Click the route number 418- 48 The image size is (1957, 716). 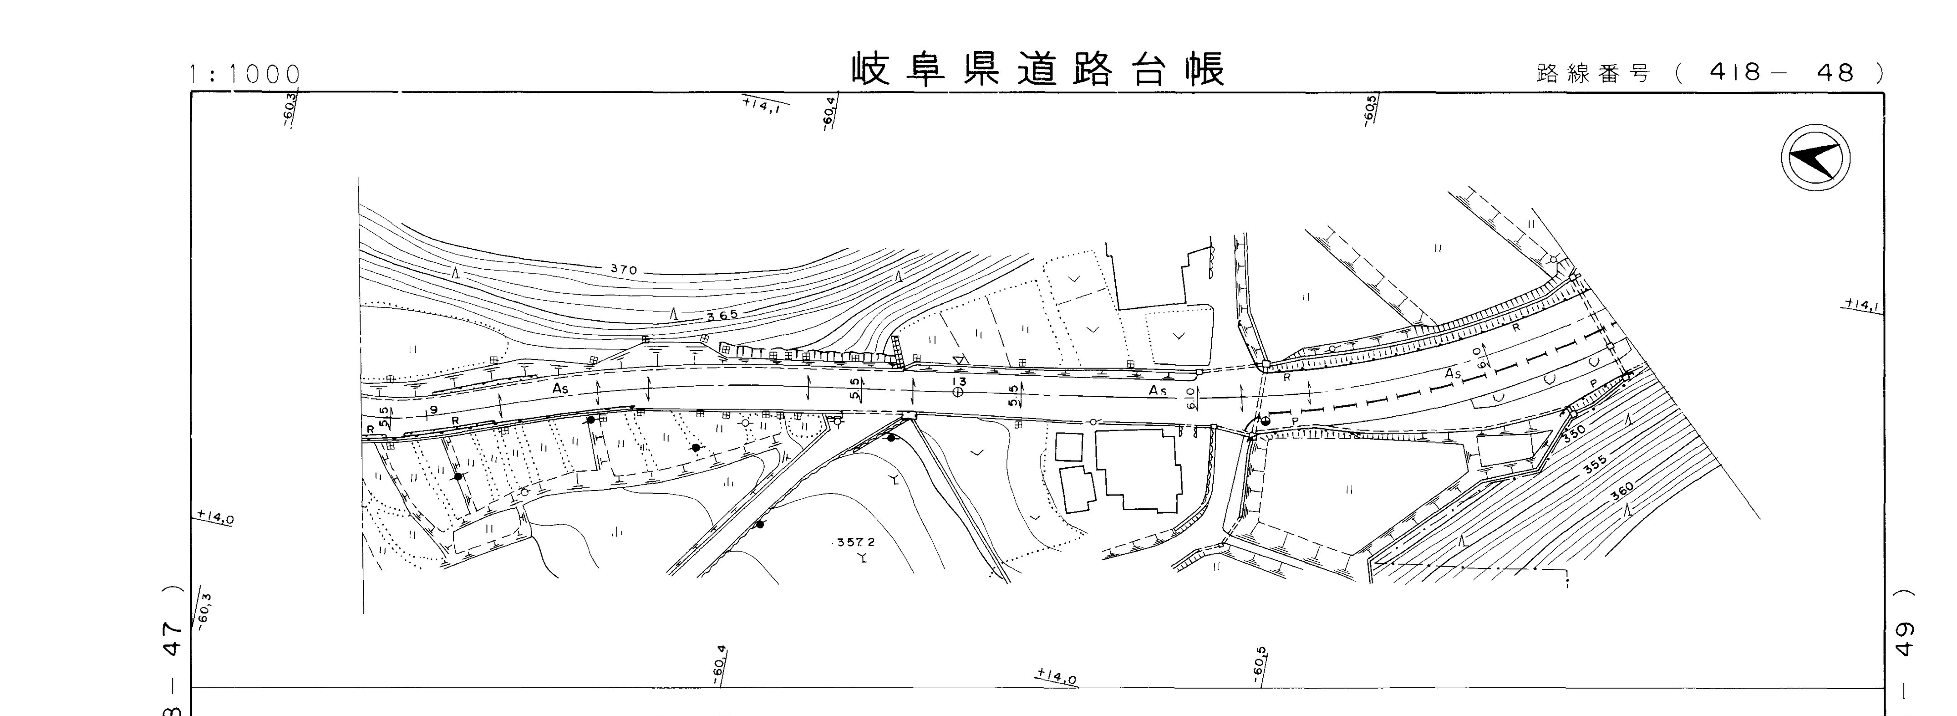pos(1781,73)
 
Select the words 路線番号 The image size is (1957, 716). pos(1593,74)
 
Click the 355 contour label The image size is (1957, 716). pos(1596,465)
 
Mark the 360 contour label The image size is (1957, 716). pos(1622,492)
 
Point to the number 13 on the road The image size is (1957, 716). pos(960,381)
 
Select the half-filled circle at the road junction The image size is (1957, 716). pos(1266,421)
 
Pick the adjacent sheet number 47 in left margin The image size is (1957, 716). pos(173,629)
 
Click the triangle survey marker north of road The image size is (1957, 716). pos(960,359)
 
